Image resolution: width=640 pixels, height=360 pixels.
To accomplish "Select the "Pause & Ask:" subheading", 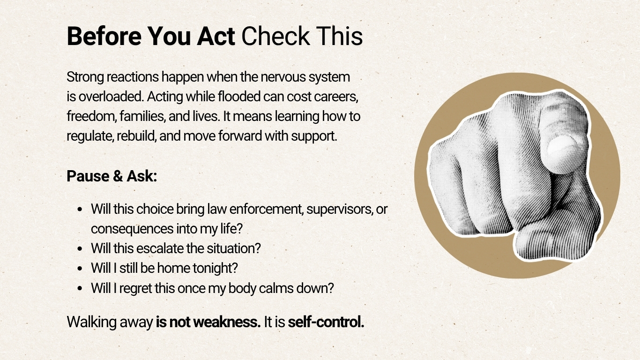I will tap(112, 176).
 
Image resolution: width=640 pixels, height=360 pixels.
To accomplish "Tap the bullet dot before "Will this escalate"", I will tap(82, 248).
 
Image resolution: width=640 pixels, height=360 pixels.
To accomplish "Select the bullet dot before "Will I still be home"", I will tap(82, 268).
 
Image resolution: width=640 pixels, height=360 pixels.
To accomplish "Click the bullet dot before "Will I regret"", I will tap(82, 288).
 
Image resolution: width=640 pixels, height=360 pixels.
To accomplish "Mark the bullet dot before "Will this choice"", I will tap(82, 209).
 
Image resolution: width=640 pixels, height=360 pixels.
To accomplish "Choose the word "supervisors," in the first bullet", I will tap(339, 209).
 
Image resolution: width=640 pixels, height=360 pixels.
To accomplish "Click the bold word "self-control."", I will tap(326, 322).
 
